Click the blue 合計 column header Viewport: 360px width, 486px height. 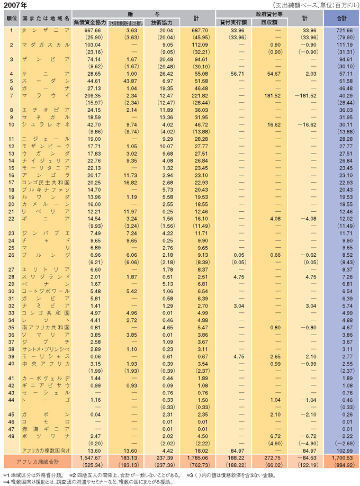click(x=341, y=18)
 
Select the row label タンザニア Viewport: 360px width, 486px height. click(x=46, y=31)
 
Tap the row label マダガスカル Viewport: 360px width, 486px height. click(x=46, y=45)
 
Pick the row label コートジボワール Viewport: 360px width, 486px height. click(x=46, y=291)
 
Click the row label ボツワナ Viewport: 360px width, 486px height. click(x=46, y=436)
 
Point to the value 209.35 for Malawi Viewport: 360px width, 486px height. click(x=92, y=95)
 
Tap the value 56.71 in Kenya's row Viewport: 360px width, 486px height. click(x=235, y=74)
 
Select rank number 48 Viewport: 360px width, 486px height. click(x=11, y=436)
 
